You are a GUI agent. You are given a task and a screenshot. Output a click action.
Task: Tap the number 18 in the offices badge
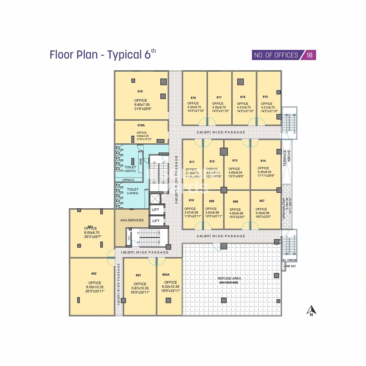(x=310, y=55)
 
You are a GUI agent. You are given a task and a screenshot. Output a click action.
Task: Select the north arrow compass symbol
(x=311, y=311)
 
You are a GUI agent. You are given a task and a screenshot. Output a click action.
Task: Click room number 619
(x=140, y=91)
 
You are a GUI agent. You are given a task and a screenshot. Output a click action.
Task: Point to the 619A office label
(x=141, y=125)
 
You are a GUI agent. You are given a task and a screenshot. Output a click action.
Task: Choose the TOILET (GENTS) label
(x=130, y=169)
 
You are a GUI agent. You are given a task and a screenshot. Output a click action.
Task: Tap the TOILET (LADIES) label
(x=133, y=191)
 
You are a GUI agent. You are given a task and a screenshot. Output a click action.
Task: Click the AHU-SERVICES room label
(x=132, y=220)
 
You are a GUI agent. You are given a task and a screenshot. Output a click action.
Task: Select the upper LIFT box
(x=156, y=210)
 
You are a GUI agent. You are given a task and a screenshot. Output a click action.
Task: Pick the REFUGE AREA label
(x=229, y=278)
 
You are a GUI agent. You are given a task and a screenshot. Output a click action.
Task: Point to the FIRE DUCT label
(x=291, y=266)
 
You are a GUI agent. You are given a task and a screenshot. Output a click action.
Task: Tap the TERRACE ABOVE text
(x=287, y=158)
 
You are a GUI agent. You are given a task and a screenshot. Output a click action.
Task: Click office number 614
(x=263, y=161)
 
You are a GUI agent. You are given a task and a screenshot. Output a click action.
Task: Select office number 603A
(x=166, y=274)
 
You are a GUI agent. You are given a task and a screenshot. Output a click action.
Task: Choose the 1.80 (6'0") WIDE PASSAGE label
(x=145, y=253)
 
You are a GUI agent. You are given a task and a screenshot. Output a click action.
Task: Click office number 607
(x=262, y=201)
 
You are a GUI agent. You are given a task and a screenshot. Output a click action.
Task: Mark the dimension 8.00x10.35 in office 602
(x=95, y=287)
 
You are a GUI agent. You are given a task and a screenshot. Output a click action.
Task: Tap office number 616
(x=243, y=97)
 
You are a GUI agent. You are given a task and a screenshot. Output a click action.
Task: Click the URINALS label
(x=128, y=180)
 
